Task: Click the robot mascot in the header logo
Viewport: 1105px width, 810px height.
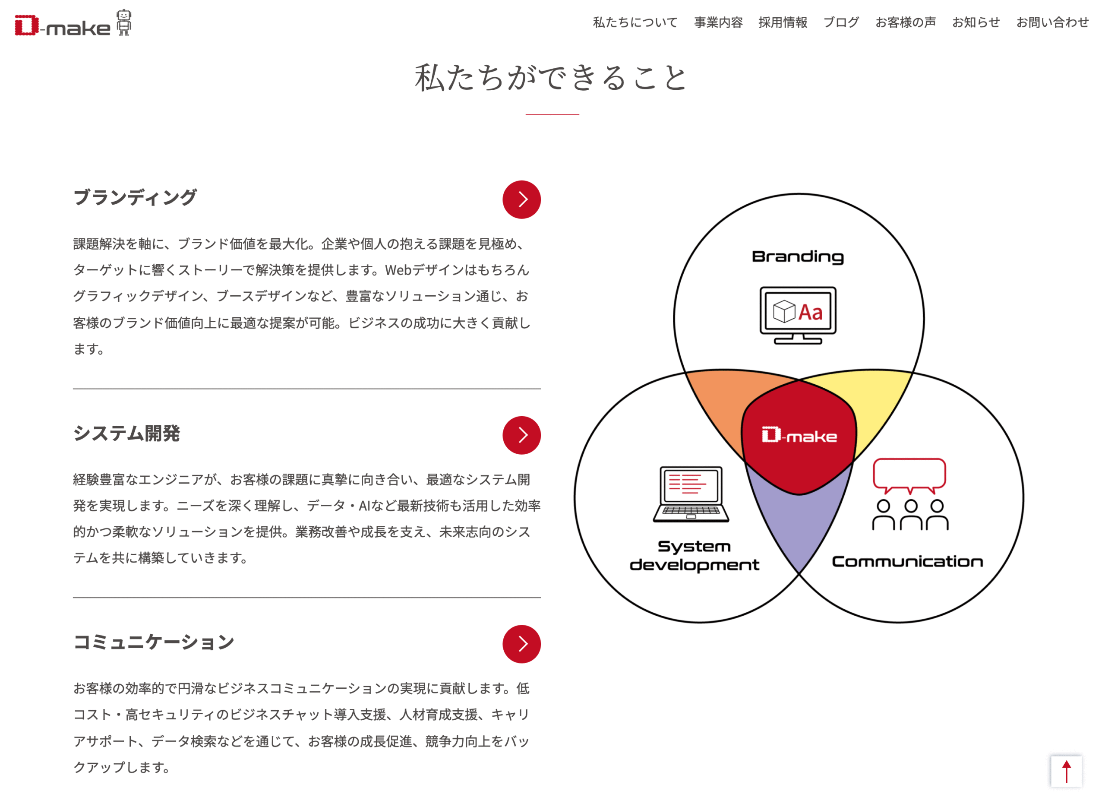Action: [x=123, y=22]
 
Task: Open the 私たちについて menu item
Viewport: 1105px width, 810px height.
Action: [x=635, y=22]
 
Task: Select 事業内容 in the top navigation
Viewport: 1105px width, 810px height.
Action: [x=718, y=22]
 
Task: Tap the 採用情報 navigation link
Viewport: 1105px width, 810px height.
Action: [x=783, y=22]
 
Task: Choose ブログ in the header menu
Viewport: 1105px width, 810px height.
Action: [x=841, y=22]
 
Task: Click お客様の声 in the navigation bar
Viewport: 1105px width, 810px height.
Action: [x=906, y=22]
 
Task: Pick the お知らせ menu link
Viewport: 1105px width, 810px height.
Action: [x=976, y=22]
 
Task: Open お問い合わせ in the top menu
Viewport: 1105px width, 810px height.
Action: [x=1053, y=22]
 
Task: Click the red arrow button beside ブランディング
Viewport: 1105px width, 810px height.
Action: [x=521, y=199]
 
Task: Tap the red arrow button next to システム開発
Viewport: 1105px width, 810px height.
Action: [x=521, y=435]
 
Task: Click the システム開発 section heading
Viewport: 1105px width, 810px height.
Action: [x=126, y=433]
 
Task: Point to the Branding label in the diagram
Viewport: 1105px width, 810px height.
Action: [x=798, y=257]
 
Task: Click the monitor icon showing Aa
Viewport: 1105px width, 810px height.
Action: [x=798, y=315]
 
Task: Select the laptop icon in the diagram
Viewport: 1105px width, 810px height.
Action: [x=691, y=494]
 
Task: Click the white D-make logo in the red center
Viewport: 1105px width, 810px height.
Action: [x=799, y=435]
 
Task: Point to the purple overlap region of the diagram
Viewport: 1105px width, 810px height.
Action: [x=799, y=525]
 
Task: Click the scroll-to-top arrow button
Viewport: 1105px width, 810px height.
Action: [x=1066, y=772]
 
